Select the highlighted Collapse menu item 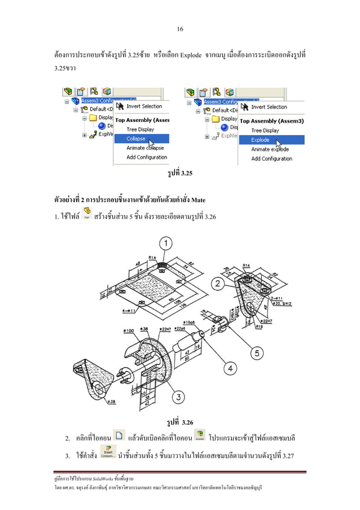[x=136, y=138]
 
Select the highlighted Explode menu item [x=260, y=140]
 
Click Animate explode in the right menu [x=270, y=149]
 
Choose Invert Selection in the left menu [x=143, y=106]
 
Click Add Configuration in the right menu [x=271, y=159]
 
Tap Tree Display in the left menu [x=139, y=129]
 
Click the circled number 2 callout [x=216, y=282]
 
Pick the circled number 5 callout [x=257, y=353]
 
